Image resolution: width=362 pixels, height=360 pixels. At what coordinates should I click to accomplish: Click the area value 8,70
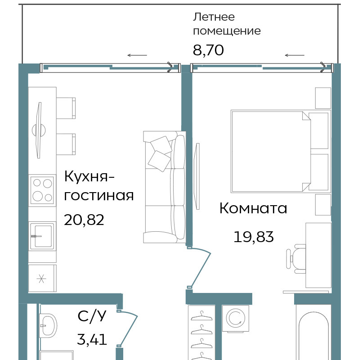tap(208, 50)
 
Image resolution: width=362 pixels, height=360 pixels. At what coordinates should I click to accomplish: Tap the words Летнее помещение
tap(227, 24)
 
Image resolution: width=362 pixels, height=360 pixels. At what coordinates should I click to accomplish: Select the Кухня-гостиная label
tap(99, 186)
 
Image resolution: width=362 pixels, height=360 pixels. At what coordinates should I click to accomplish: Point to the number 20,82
tap(84, 220)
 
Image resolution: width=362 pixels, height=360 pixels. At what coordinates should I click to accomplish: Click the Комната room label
tap(253, 208)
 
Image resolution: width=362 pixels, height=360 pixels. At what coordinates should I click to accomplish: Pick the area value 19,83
tap(254, 237)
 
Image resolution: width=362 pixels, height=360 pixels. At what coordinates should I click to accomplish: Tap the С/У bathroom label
tap(92, 316)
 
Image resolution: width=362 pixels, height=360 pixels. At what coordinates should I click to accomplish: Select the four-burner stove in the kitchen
tap(42, 190)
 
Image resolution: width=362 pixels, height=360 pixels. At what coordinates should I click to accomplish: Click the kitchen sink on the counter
tap(42, 236)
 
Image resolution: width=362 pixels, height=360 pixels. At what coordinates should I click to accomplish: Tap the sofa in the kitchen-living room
tap(165, 187)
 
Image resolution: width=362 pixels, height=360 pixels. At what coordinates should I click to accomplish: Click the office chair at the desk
tap(296, 259)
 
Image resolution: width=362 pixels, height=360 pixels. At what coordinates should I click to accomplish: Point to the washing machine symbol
tap(236, 319)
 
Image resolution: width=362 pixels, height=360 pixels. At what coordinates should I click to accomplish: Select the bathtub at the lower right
tap(313, 335)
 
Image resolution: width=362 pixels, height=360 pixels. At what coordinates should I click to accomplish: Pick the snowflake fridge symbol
tap(41, 279)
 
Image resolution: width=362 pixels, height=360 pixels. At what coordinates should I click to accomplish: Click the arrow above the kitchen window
tap(137, 55)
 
